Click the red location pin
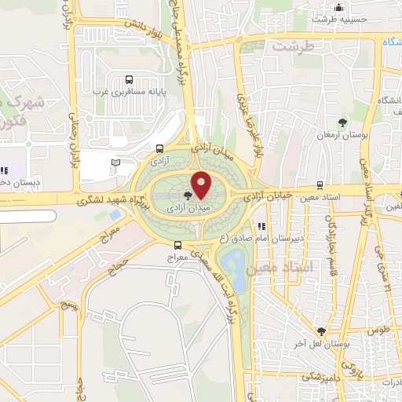[x=202, y=184]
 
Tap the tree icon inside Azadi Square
[x=187, y=196]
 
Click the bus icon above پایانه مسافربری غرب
[x=129, y=79]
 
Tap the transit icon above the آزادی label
[x=160, y=148]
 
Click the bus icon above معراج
[x=178, y=245]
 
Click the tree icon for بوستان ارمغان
[x=342, y=122]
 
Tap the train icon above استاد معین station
[x=319, y=185]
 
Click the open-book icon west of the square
[x=116, y=162]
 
